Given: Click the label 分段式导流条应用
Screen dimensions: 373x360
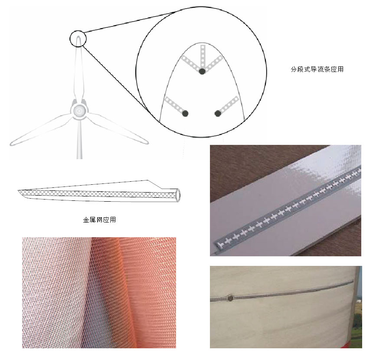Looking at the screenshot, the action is tap(317, 69).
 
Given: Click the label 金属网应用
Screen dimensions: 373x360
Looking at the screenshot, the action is tap(99, 219).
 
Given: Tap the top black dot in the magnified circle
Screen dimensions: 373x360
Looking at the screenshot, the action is tap(202, 71).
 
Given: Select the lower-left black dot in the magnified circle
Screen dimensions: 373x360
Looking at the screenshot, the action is tap(185, 114).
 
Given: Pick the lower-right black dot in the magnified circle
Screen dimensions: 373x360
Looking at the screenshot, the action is tap(218, 114).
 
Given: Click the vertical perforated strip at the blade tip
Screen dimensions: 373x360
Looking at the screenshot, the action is tap(203, 56).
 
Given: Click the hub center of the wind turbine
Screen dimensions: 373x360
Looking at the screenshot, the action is tap(79, 110).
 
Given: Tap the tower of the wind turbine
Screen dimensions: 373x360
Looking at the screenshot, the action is tap(79, 138).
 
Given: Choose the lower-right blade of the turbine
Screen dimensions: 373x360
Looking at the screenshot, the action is tap(118, 128).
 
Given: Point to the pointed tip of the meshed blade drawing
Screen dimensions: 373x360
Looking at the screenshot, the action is tap(19, 190).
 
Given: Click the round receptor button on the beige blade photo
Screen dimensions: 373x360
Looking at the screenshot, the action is tap(230, 298).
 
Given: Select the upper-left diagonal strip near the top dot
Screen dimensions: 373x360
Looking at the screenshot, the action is tap(190, 62).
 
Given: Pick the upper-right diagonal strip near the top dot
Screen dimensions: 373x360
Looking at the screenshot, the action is tap(214, 62).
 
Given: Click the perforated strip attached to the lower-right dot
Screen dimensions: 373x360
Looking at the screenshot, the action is tap(229, 104).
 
